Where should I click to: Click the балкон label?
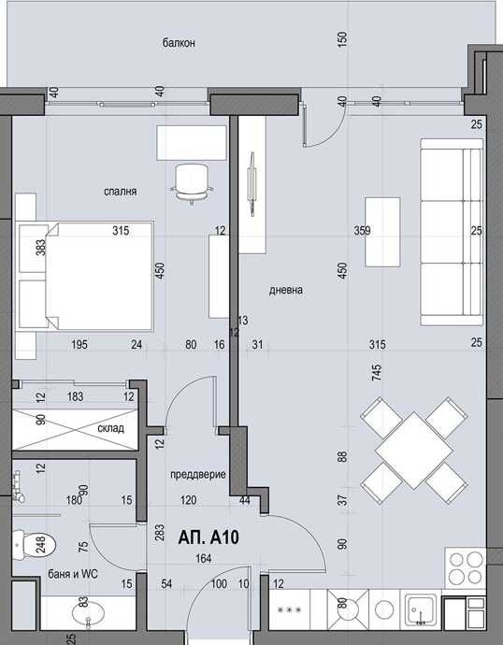pos(178,43)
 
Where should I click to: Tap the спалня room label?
pos(122,191)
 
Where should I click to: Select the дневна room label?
pos(286,290)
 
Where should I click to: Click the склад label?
pos(111,429)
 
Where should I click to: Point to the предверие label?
pos(198,475)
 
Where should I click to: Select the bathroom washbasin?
pos(80,613)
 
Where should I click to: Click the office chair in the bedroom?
pos(192,180)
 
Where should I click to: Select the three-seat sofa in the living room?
pos(451,233)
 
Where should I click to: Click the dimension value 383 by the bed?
pos(40,248)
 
